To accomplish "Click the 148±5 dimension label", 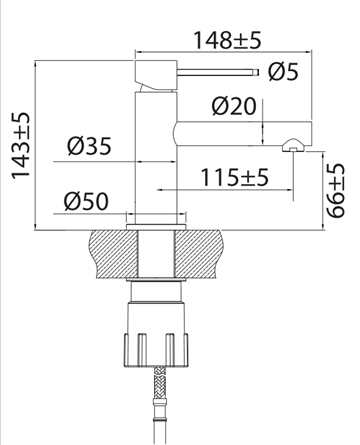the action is coord(227,40).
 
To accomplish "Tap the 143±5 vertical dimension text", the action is coord(21,146).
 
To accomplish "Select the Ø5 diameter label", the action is coord(283,72).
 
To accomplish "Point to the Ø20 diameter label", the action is coord(234,106).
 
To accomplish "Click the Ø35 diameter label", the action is coord(89,146).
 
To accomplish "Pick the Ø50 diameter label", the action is coord(86,201).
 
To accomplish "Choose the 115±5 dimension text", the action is coord(234,177).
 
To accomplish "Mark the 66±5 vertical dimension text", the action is coord(334,190).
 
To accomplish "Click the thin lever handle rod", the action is coord(218,72).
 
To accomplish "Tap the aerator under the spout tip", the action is coord(293,145).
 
